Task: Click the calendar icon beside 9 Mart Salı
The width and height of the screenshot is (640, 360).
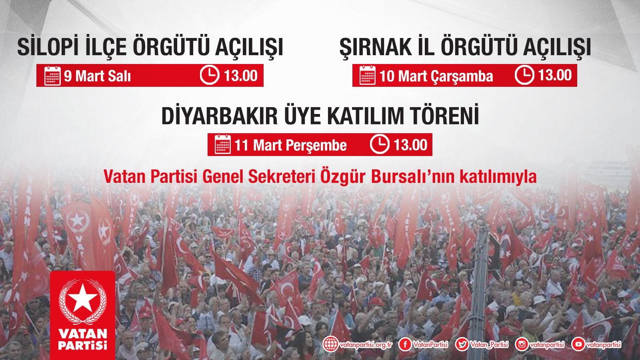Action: coord(52,76)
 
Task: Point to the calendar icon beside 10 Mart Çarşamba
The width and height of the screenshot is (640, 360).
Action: coord(368,75)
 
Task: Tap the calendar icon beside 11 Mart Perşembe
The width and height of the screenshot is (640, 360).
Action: coord(223,144)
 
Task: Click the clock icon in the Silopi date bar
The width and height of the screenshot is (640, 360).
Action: coord(210,75)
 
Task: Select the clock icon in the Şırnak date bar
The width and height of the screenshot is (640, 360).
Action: coord(524,75)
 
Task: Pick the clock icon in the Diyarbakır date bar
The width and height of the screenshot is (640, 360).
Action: coord(380,144)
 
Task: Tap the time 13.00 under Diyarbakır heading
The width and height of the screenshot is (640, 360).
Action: coord(410,144)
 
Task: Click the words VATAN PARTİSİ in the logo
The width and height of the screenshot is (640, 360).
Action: coord(82,339)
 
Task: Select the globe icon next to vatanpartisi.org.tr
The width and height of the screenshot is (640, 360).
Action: coord(331,344)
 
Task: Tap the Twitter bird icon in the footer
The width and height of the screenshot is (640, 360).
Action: coord(462,344)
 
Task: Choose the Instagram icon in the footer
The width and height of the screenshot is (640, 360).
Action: coord(522,344)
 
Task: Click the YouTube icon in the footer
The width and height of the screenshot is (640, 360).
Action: coord(578,344)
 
